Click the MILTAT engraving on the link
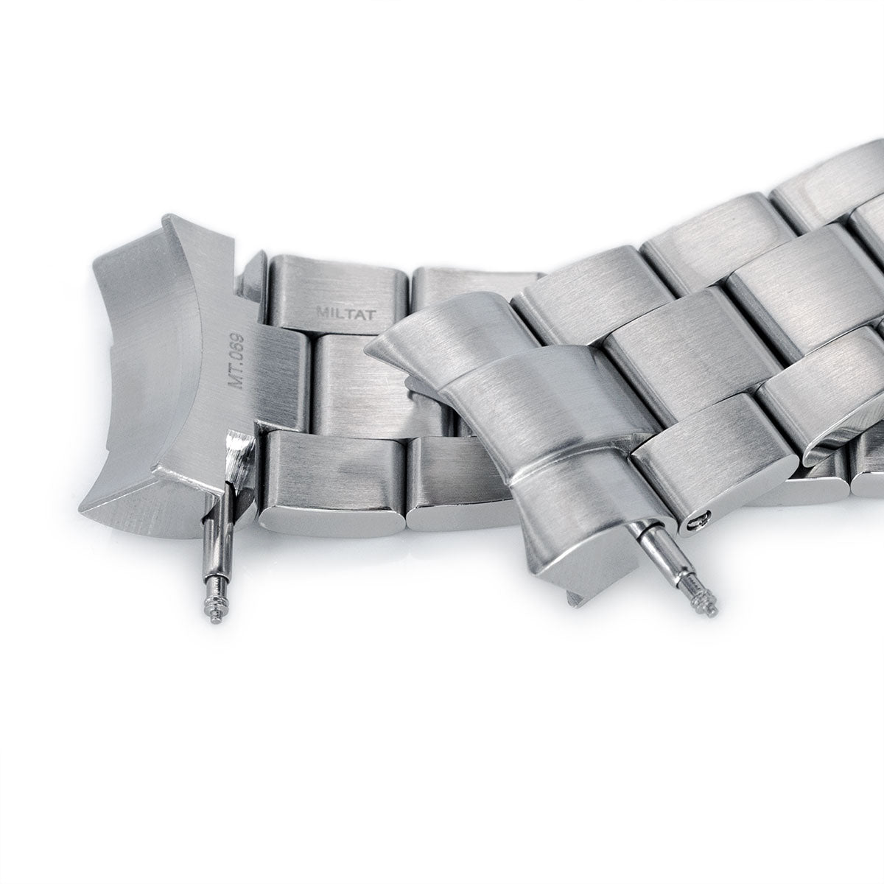(347, 315)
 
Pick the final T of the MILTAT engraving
(372, 315)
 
